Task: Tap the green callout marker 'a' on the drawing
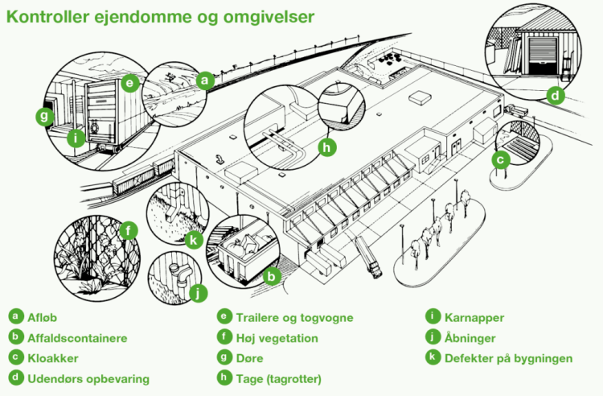[205, 80]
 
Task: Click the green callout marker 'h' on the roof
[326, 147]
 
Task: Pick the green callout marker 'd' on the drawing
[554, 96]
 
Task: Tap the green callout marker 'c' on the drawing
[500, 159]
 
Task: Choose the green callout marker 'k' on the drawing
[193, 239]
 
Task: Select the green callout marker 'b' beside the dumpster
[272, 278]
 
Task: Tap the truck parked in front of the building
[368, 258]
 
